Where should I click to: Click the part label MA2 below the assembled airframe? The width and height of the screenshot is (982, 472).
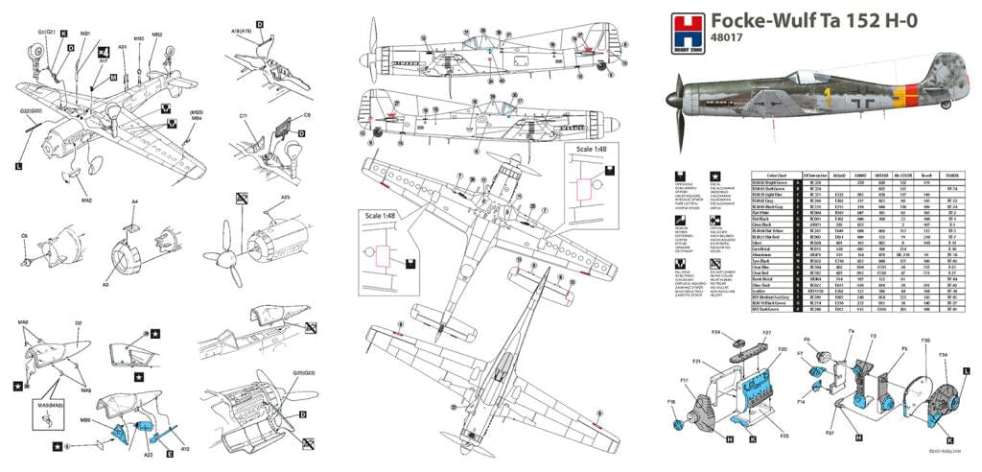pos(85,201)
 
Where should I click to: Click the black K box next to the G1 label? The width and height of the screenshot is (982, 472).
pos(64,35)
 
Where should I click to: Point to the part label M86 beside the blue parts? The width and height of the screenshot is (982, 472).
pos(85,419)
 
